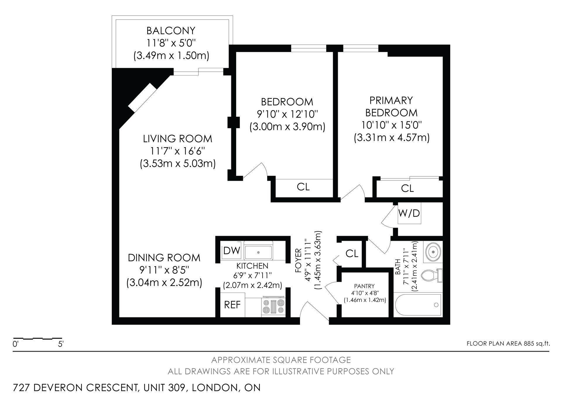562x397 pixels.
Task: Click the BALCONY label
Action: tap(171, 30)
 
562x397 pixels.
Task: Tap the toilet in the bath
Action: tap(431, 275)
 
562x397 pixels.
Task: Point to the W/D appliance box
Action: tap(409, 213)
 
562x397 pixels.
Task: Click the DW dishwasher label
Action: tap(232, 251)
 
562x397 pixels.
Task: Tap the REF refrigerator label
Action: tap(232, 305)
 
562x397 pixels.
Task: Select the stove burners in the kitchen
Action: tap(273, 306)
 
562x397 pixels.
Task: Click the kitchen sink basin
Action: tap(258, 252)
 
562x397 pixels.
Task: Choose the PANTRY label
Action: tap(364, 286)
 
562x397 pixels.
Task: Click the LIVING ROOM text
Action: tap(177, 139)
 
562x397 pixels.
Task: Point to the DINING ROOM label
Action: tap(164, 258)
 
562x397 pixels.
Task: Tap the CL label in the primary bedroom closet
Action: tap(407, 188)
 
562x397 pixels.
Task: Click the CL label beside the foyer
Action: tap(352, 253)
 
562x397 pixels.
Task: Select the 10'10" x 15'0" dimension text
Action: tap(391, 125)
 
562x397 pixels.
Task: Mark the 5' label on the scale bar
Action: tap(61, 344)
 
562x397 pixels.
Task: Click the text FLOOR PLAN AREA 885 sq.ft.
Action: tap(508, 343)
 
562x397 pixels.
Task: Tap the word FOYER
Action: tap(298, 260)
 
